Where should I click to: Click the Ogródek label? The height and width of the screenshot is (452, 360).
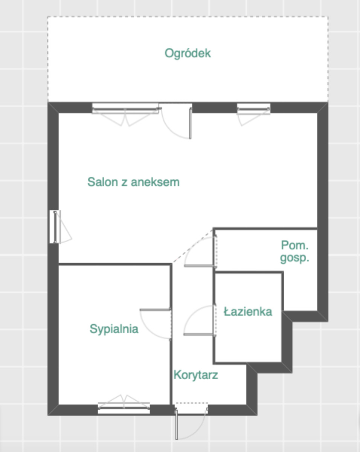pyautogui.click(x=188, y=53)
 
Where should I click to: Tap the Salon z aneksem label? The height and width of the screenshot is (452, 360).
pyautogui.click(x=134, y=182)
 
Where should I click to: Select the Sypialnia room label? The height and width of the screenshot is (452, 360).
pyautogui.click(x=114, y=329)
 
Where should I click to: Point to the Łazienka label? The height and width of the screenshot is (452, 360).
pyautogui.click(x=248, y=312)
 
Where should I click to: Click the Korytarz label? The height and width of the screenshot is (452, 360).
pyautogui.click(x=196, y=380)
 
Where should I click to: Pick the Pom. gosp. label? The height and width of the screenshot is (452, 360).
pyautogui.click(x=294, y=251)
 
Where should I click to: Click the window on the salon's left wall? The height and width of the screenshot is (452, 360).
pyautogui.click(x=55, y=227)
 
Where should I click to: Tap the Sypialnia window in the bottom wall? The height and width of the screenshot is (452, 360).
pyautogui.click(x=124, y=408)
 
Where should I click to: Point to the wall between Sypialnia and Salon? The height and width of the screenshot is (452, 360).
pyautogui.click(x=115, y=264)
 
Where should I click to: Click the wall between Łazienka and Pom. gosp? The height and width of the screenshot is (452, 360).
pyautogui.click(x=249, y=272)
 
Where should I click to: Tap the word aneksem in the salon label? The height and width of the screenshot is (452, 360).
pyautogui.click(x=155, y=182)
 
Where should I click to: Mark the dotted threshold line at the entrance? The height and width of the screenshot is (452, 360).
pyautogui.click(x=192, y=403)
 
